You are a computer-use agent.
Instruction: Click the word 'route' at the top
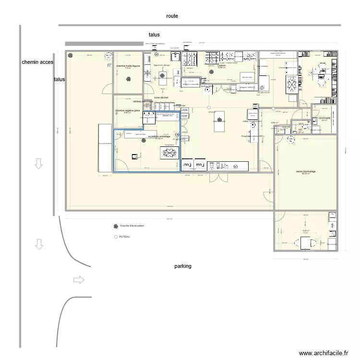click(172, 16)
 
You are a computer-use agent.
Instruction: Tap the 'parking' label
click(182, 266)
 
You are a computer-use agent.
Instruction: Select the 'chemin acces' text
click(37, 62)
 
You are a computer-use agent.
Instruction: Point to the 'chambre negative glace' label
click(127, 110)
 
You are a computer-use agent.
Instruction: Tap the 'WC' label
click(300, 130)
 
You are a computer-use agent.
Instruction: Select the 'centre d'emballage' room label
click(305, 171)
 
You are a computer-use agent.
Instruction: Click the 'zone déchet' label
click(161, 97)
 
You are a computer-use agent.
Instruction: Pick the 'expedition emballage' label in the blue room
click(159, 136)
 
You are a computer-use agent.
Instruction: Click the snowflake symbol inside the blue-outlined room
click(169, 153)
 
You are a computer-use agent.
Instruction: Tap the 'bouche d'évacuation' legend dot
click(115, 226)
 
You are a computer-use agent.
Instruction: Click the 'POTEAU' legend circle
click(115, 237)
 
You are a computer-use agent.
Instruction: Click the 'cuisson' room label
click(221, 66)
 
